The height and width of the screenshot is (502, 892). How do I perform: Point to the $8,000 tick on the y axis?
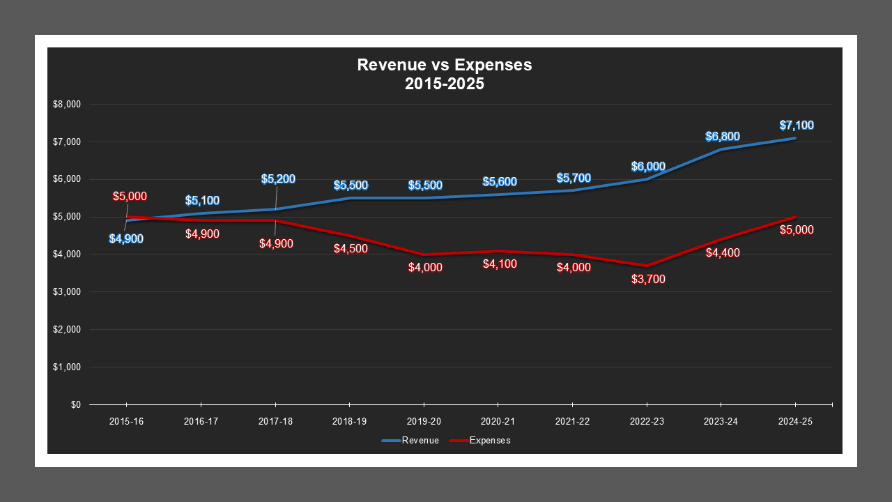click(67, 105)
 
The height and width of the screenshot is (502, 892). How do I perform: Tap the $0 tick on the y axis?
click(75, 404)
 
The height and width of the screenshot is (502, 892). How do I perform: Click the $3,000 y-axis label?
click(67, 292)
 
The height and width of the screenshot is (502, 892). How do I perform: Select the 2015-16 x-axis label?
click(126, 422)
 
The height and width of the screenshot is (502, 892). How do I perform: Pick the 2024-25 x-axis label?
click(795, 422)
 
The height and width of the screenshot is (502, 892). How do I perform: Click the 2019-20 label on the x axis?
click(424, 422)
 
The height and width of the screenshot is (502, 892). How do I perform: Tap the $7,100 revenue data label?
click(797, 125)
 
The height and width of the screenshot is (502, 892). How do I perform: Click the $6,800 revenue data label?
click(723, 137)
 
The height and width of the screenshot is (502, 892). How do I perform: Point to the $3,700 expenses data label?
click(648, 280)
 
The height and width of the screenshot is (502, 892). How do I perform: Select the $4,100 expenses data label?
click(500, 264)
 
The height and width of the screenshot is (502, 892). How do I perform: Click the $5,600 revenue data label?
click(500, 182)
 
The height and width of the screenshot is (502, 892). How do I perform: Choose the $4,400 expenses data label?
click(723, 253)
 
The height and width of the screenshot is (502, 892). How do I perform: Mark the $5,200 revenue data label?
click(278, 179)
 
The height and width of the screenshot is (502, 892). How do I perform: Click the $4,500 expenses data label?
click(351, 249)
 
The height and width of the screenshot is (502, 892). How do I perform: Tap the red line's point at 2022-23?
click(647, 266)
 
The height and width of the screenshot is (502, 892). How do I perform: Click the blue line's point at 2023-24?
click(721, 149)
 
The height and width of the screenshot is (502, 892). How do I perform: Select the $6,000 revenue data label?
click(648, 167)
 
